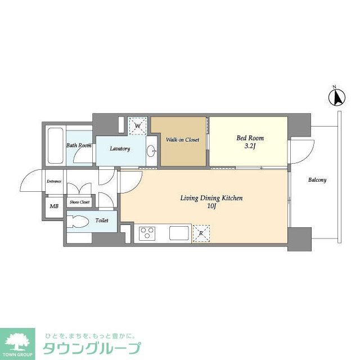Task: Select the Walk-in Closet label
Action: point(182,139)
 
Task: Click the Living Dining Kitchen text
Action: point(211,198)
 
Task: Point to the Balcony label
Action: point(317,181)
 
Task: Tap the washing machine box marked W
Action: point(138,125)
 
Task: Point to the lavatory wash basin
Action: point(152,151)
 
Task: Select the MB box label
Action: point(54,206)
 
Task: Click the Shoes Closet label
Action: point(79,202)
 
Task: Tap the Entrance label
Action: point(54,181)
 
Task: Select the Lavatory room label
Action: point(120,149)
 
